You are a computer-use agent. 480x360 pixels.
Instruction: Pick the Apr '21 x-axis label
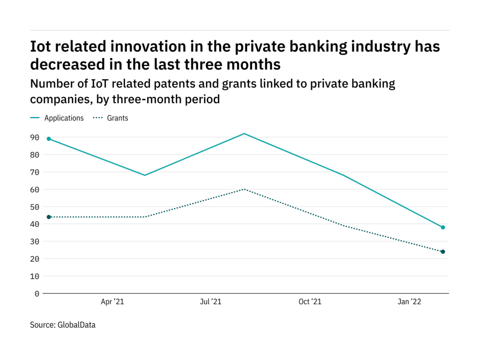pos(112,302)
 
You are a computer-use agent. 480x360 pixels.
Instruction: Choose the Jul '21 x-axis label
pos(210,302)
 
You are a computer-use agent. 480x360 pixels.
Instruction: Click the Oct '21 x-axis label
pos(310,302)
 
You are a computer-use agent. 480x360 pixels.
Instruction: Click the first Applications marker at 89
pos(49,139)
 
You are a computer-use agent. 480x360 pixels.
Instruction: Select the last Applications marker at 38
pos(443,227)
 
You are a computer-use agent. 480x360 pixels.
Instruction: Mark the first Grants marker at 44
pos(49,217)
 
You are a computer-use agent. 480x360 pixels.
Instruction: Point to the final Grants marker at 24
pos(443,252)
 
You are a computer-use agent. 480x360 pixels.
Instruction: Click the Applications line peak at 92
pos(244,134)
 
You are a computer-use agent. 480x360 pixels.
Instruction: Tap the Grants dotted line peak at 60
pos(244,189)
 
